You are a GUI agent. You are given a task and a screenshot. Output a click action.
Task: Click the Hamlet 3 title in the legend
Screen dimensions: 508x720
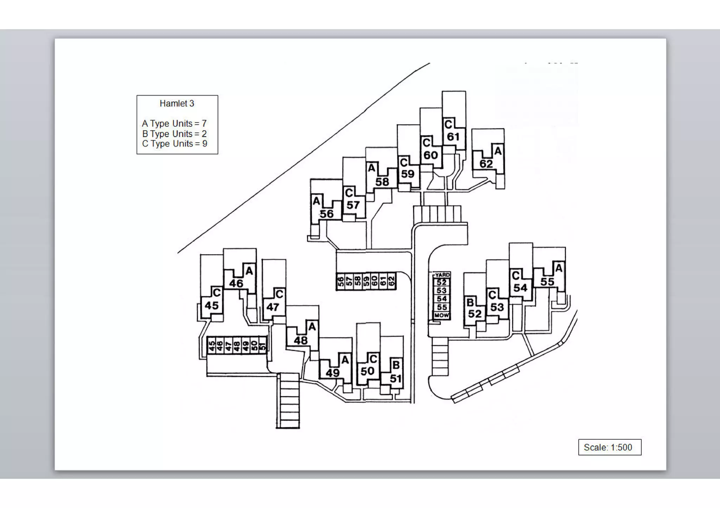click(177, 104)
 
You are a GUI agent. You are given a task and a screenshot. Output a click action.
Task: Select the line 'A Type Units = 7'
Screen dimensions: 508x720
click(174, 124)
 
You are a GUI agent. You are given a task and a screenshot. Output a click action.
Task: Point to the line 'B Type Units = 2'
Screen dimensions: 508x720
click(174, 134)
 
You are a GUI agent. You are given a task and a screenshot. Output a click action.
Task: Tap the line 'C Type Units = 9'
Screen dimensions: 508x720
click(174, 144)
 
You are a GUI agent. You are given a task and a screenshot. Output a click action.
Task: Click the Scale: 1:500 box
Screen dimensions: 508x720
click(610, 447)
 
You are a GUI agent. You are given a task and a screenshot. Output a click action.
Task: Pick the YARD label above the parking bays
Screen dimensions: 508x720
click(442, 275)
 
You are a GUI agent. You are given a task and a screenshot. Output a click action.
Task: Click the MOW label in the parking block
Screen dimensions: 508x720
click(442, 315)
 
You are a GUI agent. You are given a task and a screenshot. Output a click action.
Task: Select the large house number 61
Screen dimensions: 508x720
click(453, 137)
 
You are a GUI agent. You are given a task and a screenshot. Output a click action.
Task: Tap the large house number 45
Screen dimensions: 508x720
click(212, 305)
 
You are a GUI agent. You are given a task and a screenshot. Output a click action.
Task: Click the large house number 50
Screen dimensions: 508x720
click(367, 371)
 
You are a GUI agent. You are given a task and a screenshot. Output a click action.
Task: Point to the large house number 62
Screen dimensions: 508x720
click(486, 164)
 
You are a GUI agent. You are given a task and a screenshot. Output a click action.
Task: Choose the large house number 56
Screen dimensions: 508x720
click(327, 214)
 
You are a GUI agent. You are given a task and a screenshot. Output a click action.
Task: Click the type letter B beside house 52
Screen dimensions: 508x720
click(470, 302)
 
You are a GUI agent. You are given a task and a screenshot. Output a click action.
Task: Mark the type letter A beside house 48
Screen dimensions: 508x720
click(312, 327)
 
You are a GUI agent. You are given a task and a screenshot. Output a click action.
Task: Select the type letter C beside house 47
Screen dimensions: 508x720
click(279, 294)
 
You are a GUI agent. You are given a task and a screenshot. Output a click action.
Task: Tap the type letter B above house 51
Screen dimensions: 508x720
click(396, 365)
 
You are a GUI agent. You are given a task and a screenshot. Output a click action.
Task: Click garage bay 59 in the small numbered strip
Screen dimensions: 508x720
click(366, 281)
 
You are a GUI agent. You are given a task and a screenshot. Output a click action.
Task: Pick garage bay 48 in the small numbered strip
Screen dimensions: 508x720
click(237, 346)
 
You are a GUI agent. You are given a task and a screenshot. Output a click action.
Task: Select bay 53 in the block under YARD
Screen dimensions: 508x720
click(442, 291)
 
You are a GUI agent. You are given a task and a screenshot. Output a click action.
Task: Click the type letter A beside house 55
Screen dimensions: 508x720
click(559, 269)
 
